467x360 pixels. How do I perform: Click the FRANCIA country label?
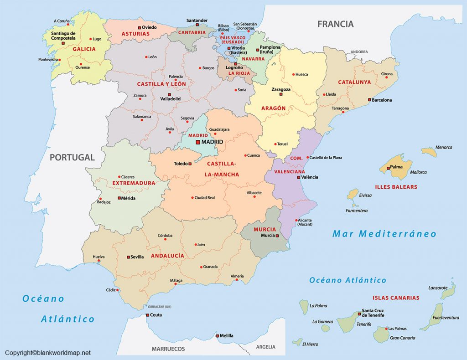coord(335,24)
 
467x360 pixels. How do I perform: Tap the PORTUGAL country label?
coord(72,158)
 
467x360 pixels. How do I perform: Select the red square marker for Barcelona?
coord(369,100)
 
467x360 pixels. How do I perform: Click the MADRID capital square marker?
coord(197,142)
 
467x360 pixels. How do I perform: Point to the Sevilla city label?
coord(137,257)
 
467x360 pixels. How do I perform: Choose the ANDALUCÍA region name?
coord(167,256)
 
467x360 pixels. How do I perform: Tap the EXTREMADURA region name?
coord(134,183)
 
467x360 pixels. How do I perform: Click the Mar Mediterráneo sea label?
coord(384,234)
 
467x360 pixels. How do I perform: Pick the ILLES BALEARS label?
coord(396,187)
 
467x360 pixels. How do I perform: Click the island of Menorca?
coord(429,151)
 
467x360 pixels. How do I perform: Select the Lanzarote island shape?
coord(448,292)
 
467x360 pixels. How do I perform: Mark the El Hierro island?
coord(297,341)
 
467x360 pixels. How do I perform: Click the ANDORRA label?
coord(359,52)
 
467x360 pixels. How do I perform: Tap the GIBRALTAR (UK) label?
coord(159,306)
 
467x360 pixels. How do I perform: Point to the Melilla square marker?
coord(217,336)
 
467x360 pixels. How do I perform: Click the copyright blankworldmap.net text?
coord(48,353)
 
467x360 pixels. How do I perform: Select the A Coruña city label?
coord(62,21)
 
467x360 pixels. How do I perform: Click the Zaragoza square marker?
coord(281,95)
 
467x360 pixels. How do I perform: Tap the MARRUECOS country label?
coord(168,349)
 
